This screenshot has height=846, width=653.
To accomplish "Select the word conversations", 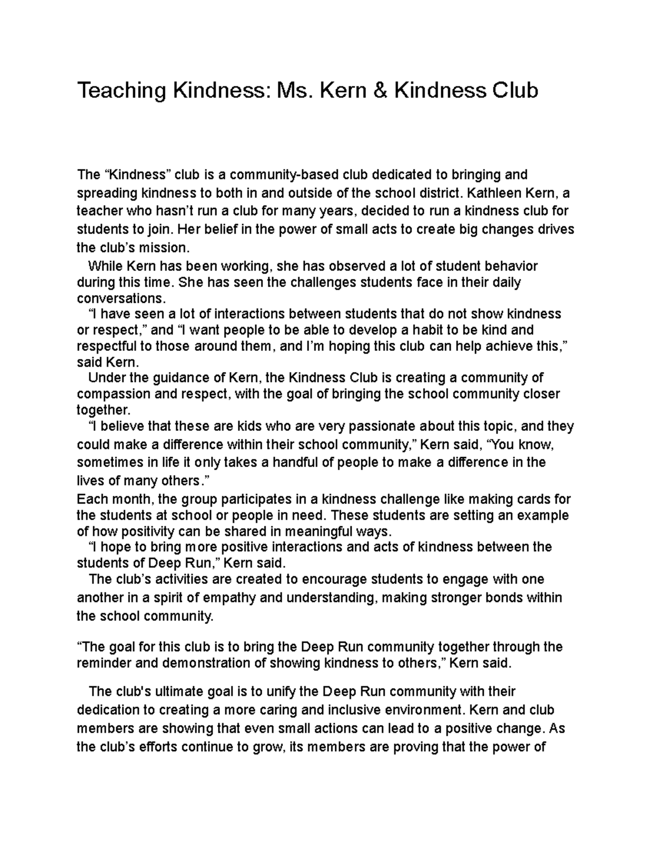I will (120, 298).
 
